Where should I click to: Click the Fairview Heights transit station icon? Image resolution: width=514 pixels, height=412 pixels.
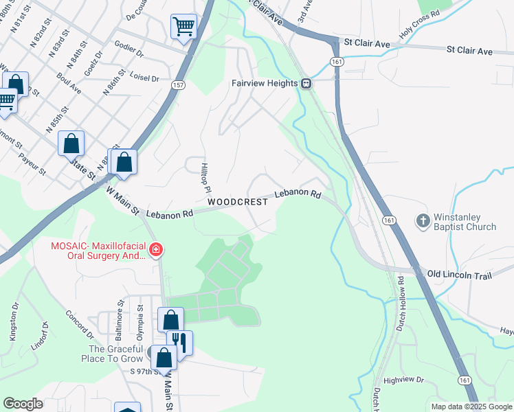(x=306, y=83)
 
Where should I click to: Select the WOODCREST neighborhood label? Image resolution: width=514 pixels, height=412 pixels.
(x=237, y=202)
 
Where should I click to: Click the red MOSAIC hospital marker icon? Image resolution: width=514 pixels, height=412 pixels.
(x=156, y=249)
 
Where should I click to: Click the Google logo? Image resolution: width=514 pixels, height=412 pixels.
(x=23, y=404)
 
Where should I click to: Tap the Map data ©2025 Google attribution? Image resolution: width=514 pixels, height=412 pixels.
(x=471, y=407)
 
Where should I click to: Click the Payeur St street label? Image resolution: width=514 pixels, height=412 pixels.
(x=32, y=165)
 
